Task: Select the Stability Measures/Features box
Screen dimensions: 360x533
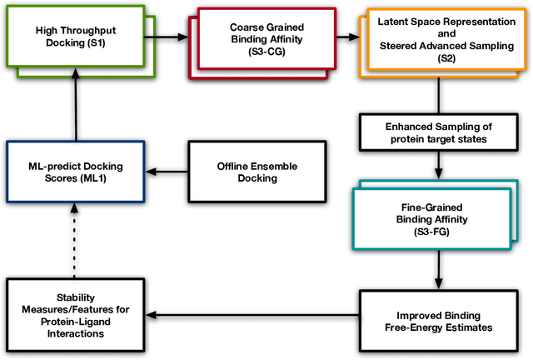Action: pyautogui.click(x=76, y=316)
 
